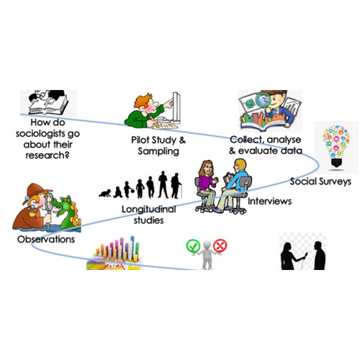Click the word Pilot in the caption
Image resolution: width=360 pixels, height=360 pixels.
click(140, 140)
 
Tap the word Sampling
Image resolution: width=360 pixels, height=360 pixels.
click(158, 151)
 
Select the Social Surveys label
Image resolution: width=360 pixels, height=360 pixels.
click(320, 181)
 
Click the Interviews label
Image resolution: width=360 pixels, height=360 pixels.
click(269, 201)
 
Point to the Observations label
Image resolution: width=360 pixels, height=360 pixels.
click(46, 239)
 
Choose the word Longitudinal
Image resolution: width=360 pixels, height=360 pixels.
click(149, 210)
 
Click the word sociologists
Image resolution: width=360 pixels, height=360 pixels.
click(41, 134)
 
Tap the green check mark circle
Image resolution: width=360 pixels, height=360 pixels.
click(193, 246)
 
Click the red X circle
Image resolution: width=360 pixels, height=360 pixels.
click(220, 246)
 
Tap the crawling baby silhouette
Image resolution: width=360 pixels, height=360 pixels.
click(105, 194)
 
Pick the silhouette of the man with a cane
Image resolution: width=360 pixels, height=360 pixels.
click(176, 186)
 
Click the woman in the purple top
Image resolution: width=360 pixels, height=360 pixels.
click(207, 186)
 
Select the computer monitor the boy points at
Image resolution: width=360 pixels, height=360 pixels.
click(176, 108)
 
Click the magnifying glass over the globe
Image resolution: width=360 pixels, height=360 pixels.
click(263, 101)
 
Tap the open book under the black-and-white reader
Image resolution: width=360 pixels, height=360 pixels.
click(49, 107)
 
